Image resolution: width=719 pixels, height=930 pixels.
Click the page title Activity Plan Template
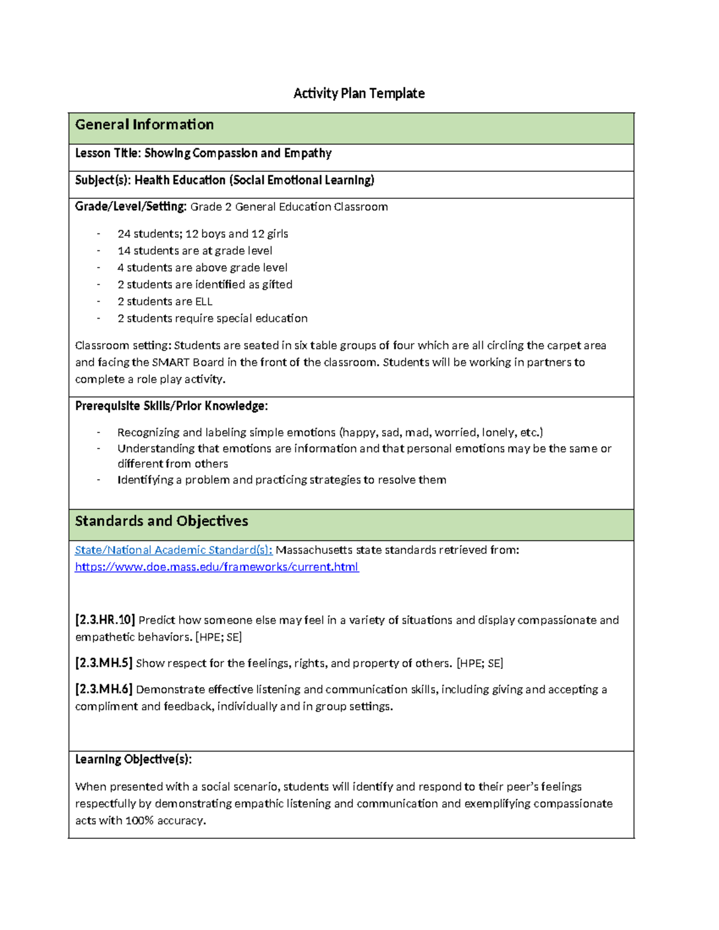(358, 93)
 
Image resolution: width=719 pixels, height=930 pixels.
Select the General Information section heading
(144, 125)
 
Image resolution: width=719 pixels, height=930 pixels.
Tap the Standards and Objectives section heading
(161, 521)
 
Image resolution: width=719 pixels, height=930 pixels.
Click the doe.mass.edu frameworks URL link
(216, 567)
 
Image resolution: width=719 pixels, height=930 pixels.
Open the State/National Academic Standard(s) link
(173, 550)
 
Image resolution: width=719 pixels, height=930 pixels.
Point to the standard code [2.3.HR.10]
(105, 620)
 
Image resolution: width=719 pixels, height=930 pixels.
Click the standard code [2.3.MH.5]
(103, 663)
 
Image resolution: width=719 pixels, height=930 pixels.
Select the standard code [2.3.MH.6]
(103, 689)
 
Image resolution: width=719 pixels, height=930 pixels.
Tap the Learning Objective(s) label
(133, 759)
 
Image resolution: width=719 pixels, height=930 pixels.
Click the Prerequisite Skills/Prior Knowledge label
(171, 406)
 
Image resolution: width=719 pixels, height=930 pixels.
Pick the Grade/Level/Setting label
(131, 207)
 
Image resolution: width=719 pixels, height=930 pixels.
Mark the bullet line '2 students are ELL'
(165, 301)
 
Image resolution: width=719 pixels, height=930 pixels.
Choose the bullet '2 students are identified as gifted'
(205, 284)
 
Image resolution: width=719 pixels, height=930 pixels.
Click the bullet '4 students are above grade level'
(202, 268)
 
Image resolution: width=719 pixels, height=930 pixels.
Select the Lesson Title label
(108, 153)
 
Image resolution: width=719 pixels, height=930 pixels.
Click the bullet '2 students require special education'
(212, 318)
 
